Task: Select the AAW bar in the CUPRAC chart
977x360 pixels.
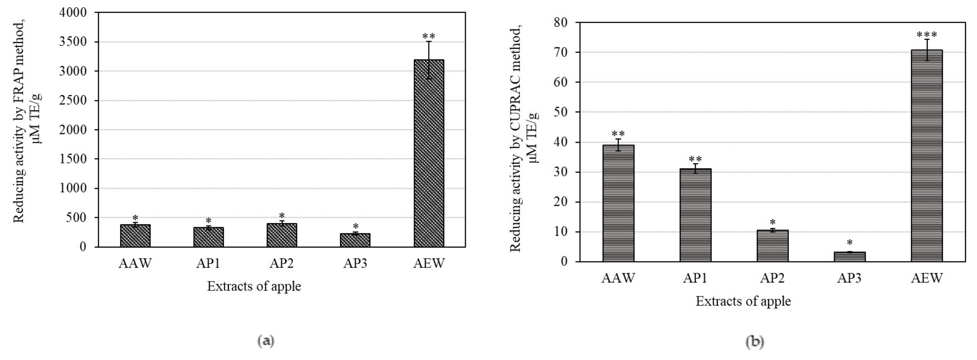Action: (x=618, y=203)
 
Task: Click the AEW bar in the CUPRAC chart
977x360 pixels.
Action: (x=927, y=156)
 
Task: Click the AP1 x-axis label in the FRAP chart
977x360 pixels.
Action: (x=208, y=263)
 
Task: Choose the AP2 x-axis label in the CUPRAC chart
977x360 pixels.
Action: (x=772, y=278)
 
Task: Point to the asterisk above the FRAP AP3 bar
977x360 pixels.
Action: (x=355, y=226)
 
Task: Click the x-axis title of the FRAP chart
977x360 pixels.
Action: (x=254, y=286)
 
